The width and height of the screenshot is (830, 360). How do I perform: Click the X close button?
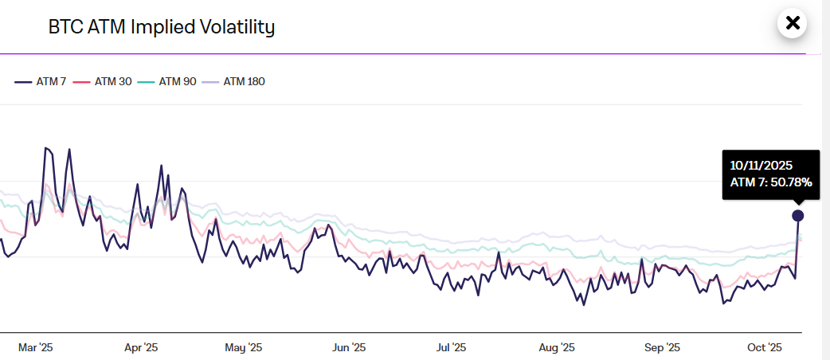792,23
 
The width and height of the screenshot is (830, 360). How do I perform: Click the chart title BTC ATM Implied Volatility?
162,27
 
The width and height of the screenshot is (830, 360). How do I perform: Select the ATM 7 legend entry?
41,81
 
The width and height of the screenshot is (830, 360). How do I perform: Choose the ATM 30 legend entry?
104,81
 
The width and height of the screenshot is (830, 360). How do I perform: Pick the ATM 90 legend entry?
167,81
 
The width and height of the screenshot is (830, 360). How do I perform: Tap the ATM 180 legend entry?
233,81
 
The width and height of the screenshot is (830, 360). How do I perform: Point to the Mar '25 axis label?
36,347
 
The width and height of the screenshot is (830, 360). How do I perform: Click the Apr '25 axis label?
141,347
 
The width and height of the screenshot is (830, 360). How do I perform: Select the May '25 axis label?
244,347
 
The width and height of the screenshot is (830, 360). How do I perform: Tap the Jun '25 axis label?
349,347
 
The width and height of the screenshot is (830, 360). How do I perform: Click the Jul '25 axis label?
452,347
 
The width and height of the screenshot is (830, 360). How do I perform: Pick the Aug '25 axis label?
557,347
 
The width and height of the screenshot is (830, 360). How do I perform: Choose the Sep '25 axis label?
662,347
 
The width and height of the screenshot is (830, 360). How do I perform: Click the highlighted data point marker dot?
797,216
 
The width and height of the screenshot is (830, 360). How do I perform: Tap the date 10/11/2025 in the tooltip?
761,166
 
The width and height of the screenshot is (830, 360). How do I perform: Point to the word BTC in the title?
65,27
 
